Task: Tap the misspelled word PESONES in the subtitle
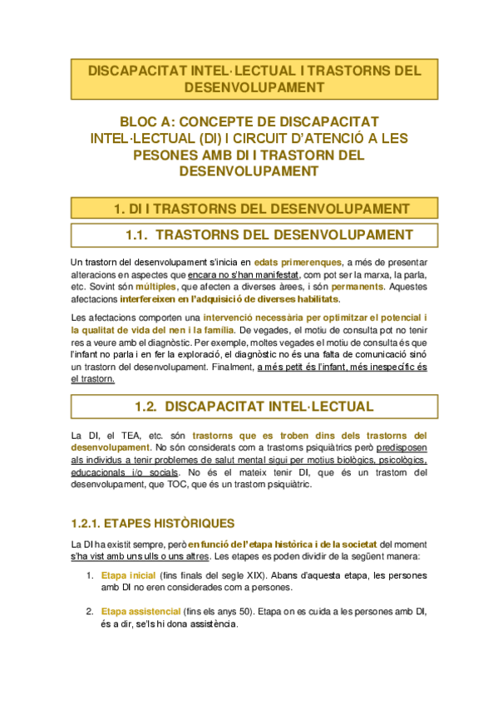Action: (163, 155)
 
